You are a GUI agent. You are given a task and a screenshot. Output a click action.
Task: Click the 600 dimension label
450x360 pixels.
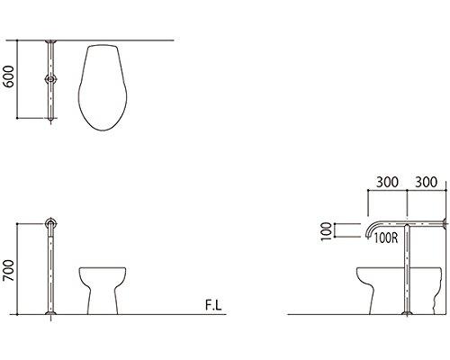point(9,79)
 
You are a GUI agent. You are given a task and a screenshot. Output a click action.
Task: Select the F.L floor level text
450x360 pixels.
point(212,307)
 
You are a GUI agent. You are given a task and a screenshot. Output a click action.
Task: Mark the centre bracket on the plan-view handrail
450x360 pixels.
point(51,80)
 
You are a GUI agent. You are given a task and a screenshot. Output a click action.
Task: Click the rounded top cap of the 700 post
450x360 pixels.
point(51,223)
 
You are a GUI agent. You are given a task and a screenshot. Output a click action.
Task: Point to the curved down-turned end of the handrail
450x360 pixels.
point(369,231)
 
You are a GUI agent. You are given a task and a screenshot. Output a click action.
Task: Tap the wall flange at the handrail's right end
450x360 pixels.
point(445,223)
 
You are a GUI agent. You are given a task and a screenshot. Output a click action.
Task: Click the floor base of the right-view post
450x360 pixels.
point(408,312)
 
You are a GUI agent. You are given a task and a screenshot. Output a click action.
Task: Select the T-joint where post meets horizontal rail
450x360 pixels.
point(408,224)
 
